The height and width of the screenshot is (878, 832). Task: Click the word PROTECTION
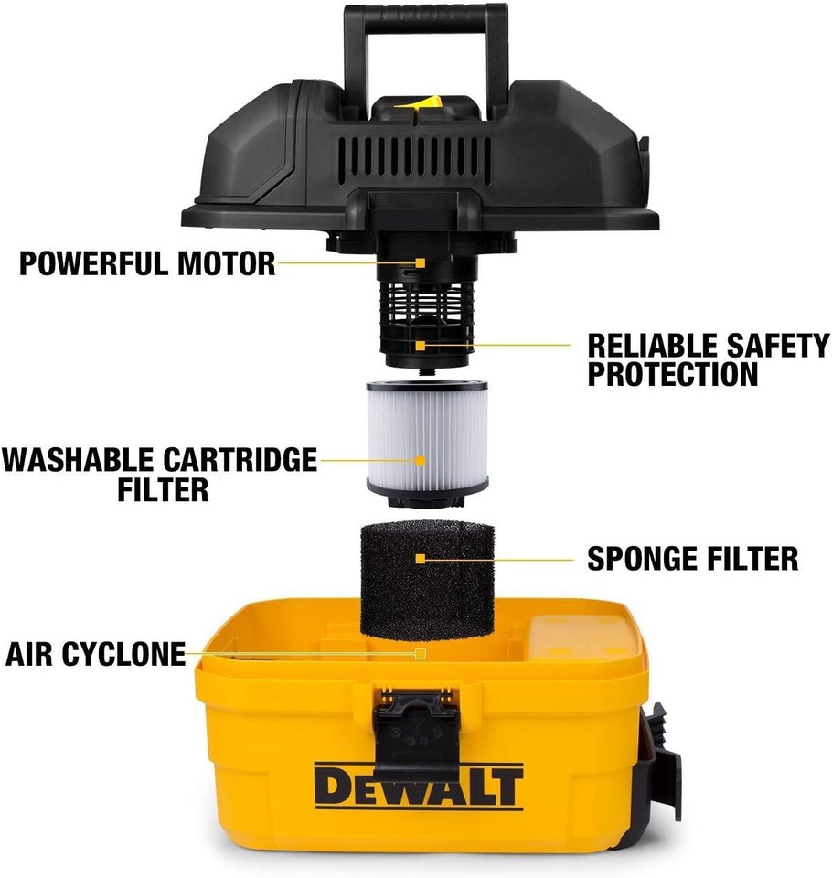[673, 374]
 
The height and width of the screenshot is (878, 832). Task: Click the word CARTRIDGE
[240, 459]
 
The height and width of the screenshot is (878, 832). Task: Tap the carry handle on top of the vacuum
[425, 37]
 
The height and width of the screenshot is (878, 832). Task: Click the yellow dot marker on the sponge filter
[420, 558]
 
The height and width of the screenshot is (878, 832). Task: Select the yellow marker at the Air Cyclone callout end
[420, 654]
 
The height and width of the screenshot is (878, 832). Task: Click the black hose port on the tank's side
[664, 759]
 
